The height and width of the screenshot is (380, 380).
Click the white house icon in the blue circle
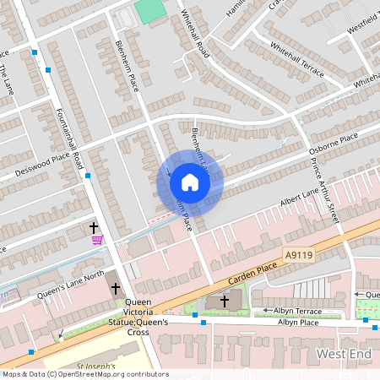(x=190, y=182)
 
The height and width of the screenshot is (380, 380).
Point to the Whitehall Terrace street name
(x=296, y=58)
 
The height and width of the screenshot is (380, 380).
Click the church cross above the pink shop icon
(x=94, y=227)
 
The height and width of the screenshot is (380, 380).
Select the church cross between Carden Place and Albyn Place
(x=225, y=300)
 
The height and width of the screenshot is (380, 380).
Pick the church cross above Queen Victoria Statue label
(x=115, y=289)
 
